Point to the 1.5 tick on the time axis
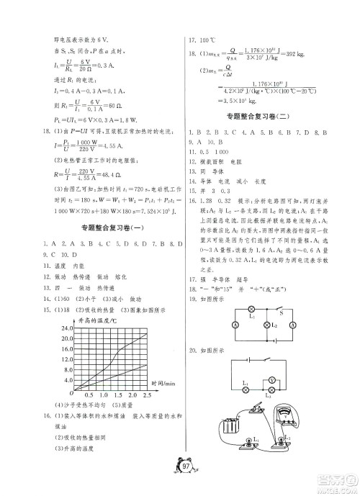tap(119, 395)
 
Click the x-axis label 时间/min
tap(161, 384)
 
